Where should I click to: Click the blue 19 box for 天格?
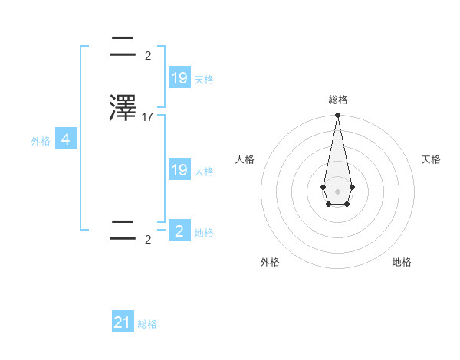[179, 77]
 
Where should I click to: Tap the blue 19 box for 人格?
[179, 170]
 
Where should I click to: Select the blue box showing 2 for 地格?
[179, 231]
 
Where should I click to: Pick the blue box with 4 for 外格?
[66, 139]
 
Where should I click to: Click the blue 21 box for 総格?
[123, 322]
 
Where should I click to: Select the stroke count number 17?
[148, 117]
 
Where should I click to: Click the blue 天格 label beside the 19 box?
[204, 79]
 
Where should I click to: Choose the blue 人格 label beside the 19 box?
[204, 172]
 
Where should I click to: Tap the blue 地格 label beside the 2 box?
[204, 233]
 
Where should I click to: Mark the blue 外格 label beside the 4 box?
[41, 141]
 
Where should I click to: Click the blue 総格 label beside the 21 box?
[147, 324]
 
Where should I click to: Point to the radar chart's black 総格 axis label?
[337, 100]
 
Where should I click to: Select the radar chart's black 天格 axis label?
[431, 159]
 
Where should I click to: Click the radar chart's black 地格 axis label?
[402, 262]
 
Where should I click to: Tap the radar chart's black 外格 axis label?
[270, 262]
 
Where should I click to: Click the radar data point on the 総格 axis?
[337, 116]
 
